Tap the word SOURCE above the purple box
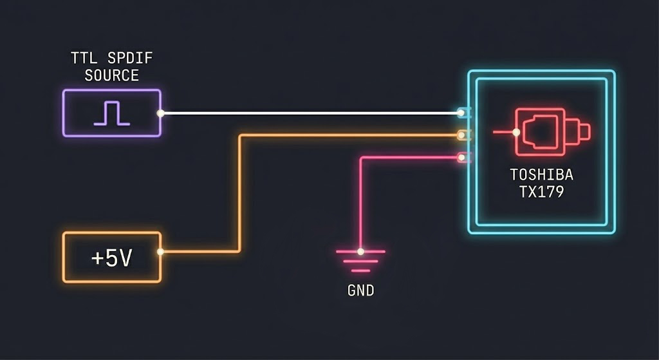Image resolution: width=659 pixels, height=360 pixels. [111, 75]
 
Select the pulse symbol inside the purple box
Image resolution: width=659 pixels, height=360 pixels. [111, 113]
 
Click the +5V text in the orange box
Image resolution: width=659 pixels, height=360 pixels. [111, 258]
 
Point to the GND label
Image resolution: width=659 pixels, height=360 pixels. [360, 291]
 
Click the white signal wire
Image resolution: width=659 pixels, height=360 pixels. [309, 113]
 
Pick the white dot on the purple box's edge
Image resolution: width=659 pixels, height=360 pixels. [161, 113]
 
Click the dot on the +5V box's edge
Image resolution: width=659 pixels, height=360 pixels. [160, 252]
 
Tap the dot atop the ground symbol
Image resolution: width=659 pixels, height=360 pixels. [360, 251]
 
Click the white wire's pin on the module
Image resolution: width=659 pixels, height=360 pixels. [462, 113]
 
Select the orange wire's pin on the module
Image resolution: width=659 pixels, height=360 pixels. [462, 135]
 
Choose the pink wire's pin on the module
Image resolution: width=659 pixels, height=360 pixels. [462, 157]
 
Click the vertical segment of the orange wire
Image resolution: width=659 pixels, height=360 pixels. [240, 193]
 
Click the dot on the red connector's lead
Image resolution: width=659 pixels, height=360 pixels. [516, 133]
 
